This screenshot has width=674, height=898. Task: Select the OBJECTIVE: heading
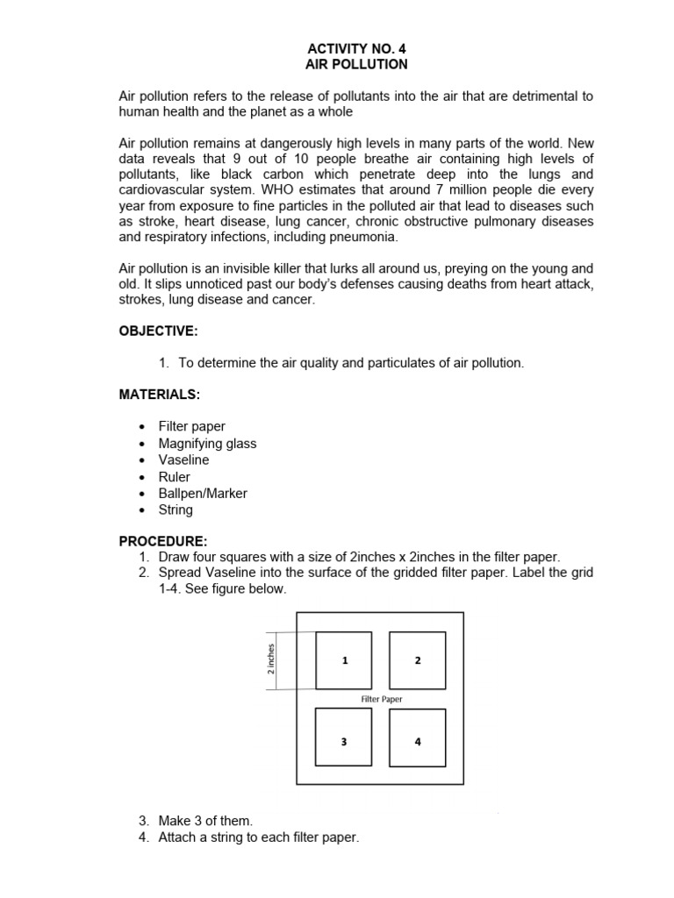coord(158,331)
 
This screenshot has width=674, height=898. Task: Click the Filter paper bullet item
coord(191,427)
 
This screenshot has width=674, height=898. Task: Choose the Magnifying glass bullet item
coord(207,444)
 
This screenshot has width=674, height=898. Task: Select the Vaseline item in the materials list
coord(183,460)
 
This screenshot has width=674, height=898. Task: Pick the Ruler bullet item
coord(174,477)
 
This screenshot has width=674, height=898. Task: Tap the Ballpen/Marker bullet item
coord(203,494)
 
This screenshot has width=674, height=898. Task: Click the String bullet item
coord(176,510)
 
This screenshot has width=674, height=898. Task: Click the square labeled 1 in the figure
coord(344,660)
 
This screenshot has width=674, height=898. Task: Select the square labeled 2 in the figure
coord(417,660)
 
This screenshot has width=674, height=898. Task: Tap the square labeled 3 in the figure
coord(344,738)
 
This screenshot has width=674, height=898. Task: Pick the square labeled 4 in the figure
coord(417,738)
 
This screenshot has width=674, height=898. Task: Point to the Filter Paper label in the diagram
coord(382,699)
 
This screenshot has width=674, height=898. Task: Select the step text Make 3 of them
coord(205,821)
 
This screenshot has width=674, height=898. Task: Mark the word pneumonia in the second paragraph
coord(365,237)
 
